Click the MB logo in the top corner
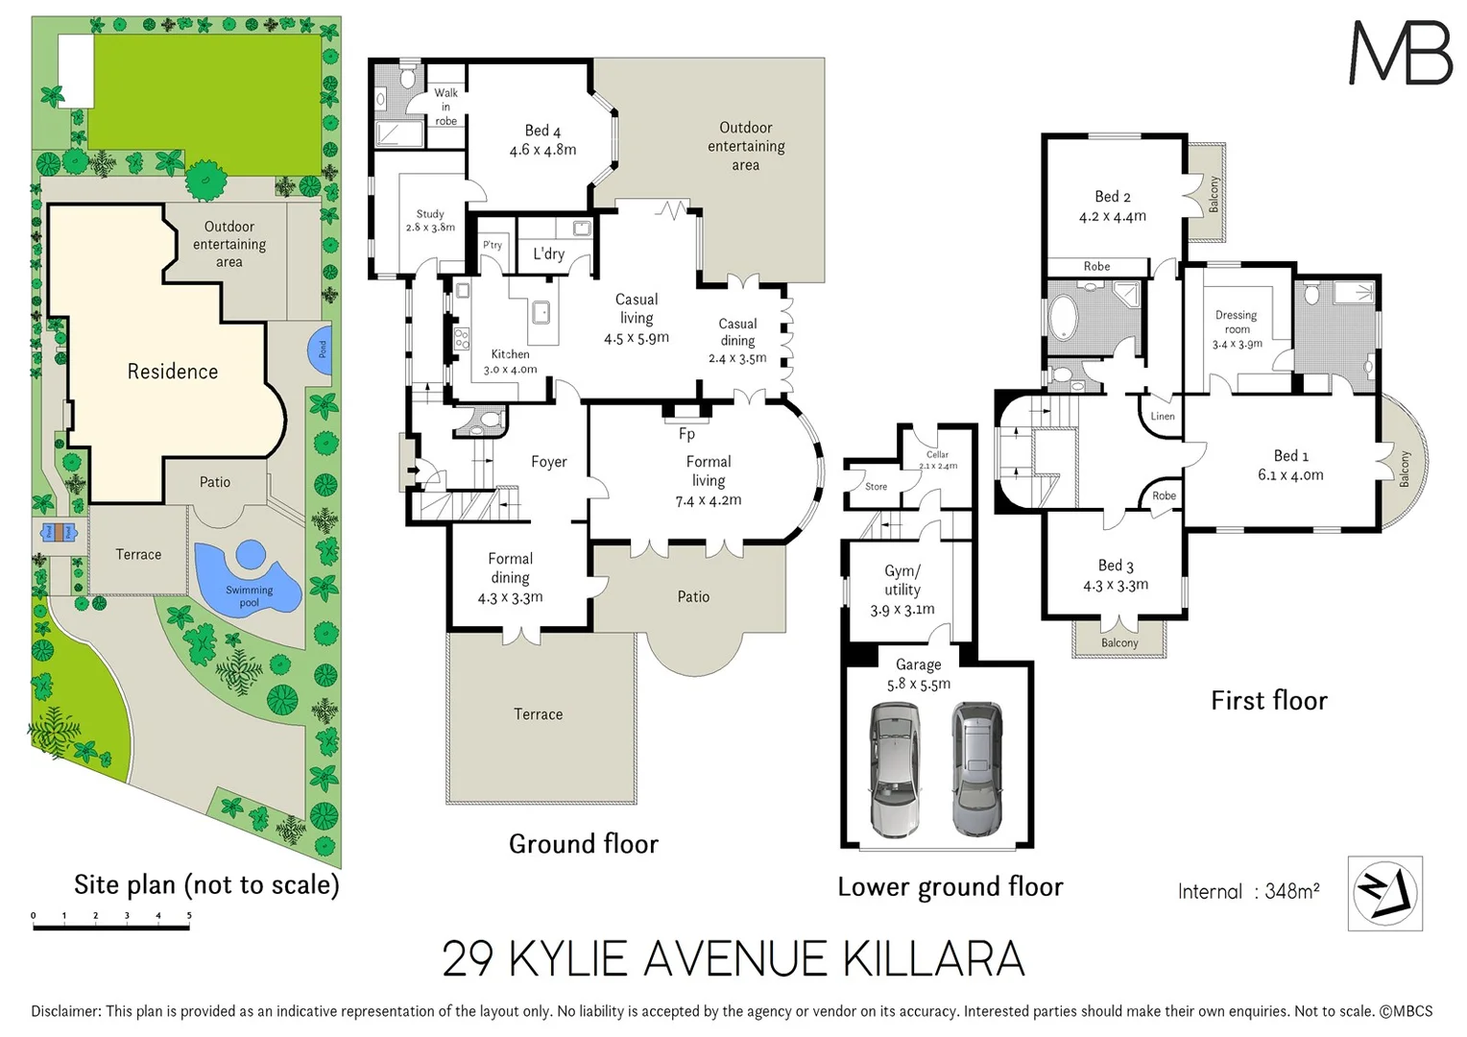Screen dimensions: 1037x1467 pyautogui.click(x=1400, y=53)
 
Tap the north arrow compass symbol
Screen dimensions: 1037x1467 pyautogui.click(x=1384, y=893)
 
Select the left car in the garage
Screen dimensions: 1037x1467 pyautogui.click(x=894, y=769)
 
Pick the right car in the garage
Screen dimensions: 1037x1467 pyautogui.click(x=977, y=769)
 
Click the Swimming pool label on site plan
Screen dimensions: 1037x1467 pyautogui.click(x=250, y=596)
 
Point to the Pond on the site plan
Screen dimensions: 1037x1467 pyautogui.click(x=320, y=349)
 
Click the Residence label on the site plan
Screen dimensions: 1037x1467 pyautogui.click(x=173, y=372)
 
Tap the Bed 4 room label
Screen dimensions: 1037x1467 pyautogui.click(x=542, y=131)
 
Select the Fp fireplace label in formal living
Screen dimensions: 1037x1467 pyautogui.click(x=686, y=434)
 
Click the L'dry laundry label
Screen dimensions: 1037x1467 pyautogui.click(x=548, y=253)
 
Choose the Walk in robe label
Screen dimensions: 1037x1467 pyautogui.click(x=445, y=107)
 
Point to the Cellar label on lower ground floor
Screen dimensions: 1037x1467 pyautogui.click(x=937, y=455)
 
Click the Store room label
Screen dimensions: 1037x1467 pyautogui.click(x=876, y=487)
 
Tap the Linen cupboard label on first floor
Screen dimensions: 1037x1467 pyautogui.click(x=1163, y=417)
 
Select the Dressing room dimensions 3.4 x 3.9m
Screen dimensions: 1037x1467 pyautogui.click(x=1237, y=344)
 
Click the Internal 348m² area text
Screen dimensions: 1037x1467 pyautogui.click(x=1248, y=891)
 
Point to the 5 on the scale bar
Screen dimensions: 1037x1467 pyautogui.click(x=189, y=916)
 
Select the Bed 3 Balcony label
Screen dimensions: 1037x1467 pyautogui.click(x=1119, y=643)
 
